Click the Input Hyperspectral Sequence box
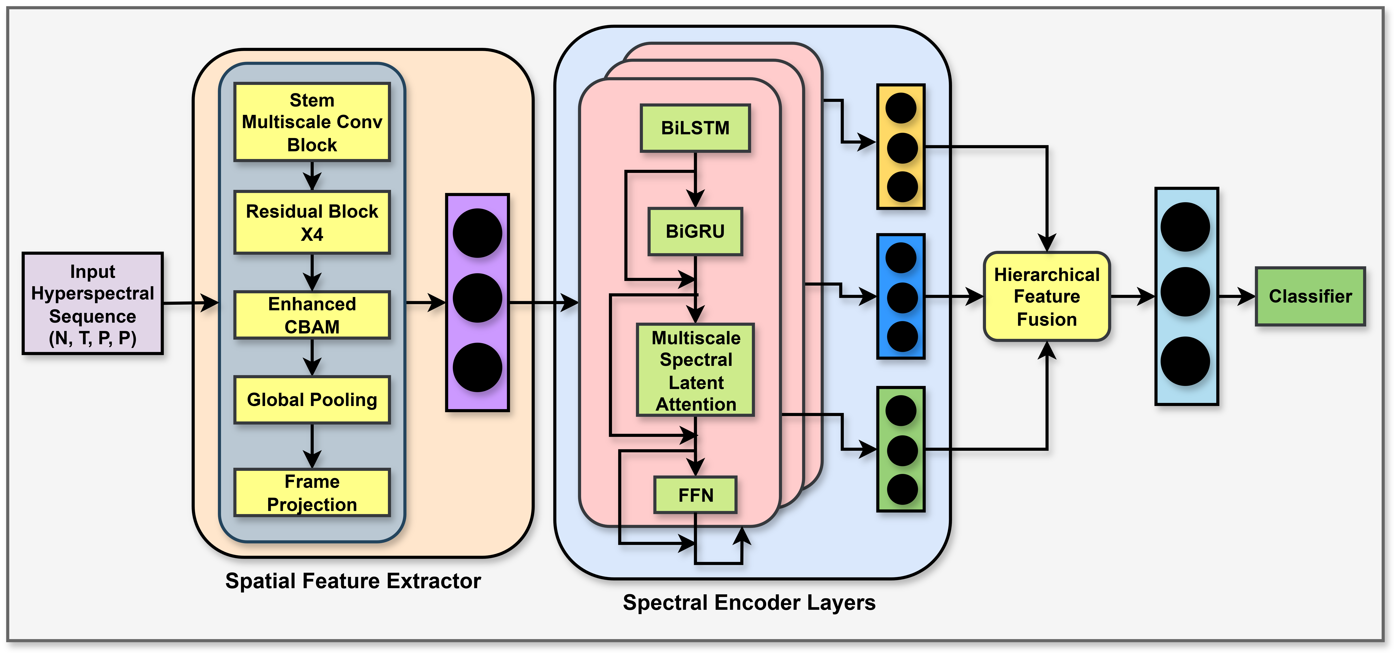point(93,303)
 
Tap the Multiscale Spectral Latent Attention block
point(695,370)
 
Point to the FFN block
point(695,495)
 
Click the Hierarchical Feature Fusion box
point(1047,296)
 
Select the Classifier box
point(1310,296)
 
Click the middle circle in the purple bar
point(477,298)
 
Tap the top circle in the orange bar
point(901,108)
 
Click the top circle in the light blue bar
point(1185,227)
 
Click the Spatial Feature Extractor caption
point(353,581)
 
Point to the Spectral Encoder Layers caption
point(749,602)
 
